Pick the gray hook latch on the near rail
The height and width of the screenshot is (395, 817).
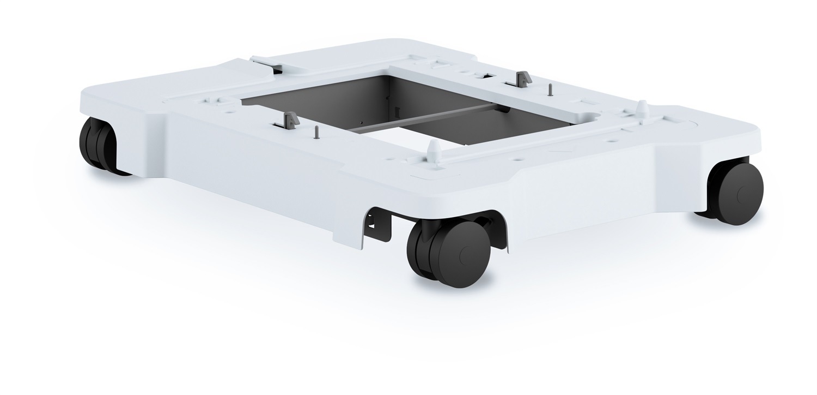coord(290,118)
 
